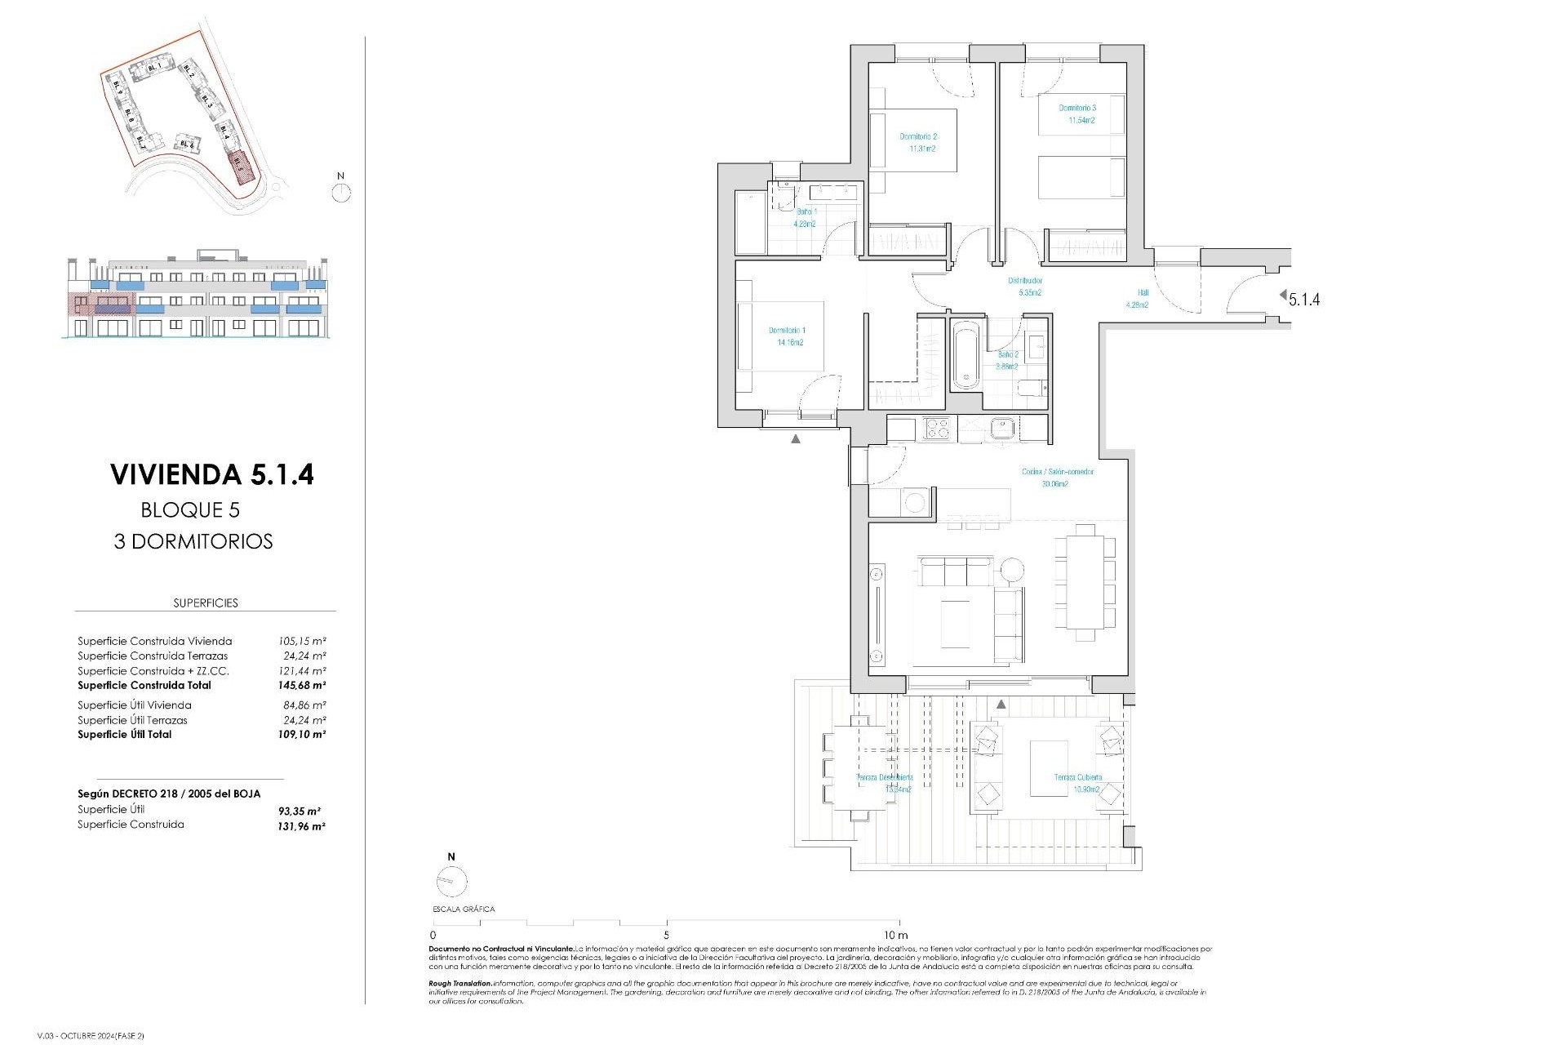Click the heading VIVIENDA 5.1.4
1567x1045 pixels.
pyautogui.click(x=211, y=474)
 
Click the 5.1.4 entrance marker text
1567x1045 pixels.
pyautogui.click(x=1304, y=300)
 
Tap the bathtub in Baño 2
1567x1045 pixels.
pyautogui.click(x=966, y=355)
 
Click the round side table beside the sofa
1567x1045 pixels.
pyautogui.click(x=1012, y=569)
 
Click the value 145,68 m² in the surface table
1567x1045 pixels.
pyautogui.click(x=301, y=686)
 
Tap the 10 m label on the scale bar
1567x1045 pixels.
pyautogui.click(x=896, y=935)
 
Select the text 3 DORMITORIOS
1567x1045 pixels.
pyautogui.click(x=193, y=541)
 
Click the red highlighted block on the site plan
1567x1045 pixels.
pyautogui.click(x=240, y=165)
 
